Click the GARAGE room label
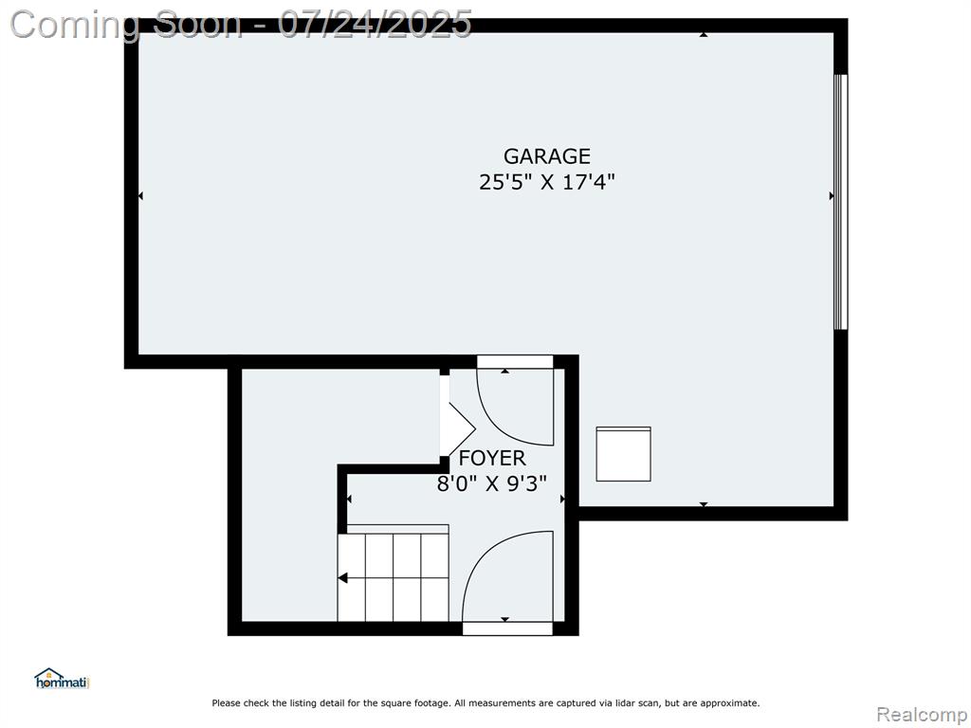coord(547,156)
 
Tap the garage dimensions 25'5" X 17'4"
coord(547,182)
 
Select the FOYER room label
coord(492,458)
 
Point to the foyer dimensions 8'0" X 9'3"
coord(492,482)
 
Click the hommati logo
coord(62,679)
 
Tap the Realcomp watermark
coord(922,715)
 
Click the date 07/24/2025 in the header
coord(375,24)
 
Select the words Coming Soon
coord(126,25)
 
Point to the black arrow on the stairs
coord(342,578)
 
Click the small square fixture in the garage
coord(623,454)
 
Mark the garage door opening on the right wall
coord(840,202)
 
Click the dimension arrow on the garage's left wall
coord(140,195)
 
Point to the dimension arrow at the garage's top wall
coord(704,35)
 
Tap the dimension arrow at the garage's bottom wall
coord(704,504)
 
